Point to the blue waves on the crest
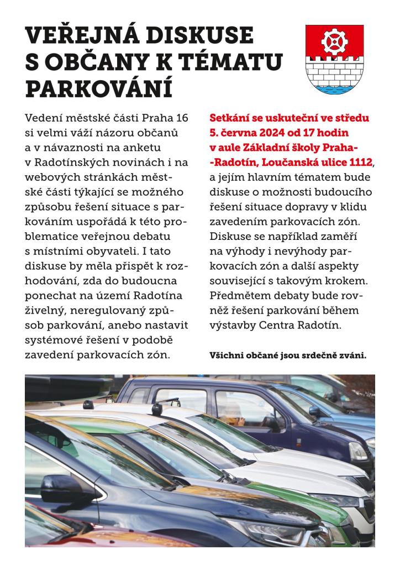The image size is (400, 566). click(334, 87)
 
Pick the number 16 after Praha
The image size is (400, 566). click(180, 118)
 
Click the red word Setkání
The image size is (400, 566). click(232, 118)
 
